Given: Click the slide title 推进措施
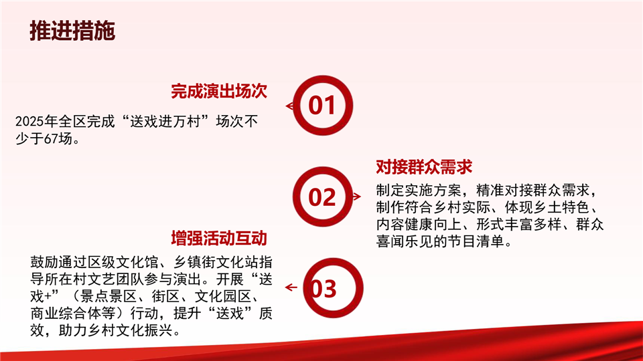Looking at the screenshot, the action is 72,31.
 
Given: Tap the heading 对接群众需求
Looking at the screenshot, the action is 424,167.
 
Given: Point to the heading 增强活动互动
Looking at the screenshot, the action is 219,238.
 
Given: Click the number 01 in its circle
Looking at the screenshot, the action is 322,105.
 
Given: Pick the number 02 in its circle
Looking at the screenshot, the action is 322,197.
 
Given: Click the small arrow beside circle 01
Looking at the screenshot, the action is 289,106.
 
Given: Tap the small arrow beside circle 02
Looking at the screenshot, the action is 357,197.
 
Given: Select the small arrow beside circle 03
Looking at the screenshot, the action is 291,287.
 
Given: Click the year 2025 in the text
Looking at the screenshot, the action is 30,122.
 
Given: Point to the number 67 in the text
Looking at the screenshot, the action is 51,139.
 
